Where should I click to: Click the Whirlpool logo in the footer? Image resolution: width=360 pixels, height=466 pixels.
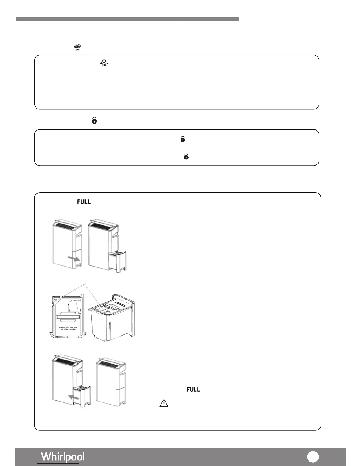pos(63,457)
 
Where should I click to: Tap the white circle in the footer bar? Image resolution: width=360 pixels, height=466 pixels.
pos(313,457)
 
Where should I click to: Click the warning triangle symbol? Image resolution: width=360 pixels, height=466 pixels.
pos(164,403)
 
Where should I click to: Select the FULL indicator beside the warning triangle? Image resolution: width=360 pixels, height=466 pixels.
pos(193,390)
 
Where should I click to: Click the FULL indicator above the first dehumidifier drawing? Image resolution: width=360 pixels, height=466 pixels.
pos(84,202)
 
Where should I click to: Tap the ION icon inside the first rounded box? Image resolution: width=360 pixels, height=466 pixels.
pos(104,63)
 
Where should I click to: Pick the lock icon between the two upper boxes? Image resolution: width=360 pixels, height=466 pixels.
pos(94,120)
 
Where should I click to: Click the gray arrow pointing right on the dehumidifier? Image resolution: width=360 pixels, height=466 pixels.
pos(74,258)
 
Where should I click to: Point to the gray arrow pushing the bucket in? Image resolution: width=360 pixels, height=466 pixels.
pos(74,397)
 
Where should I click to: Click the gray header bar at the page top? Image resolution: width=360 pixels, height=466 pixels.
pos(127,19)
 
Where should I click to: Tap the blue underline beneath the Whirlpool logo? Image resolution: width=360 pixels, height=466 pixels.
pos(59,464)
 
